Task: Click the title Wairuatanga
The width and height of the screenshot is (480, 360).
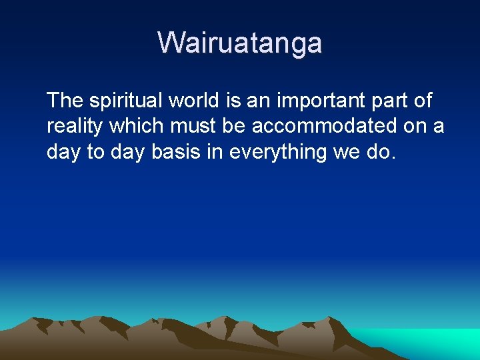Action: (x=240, y=43)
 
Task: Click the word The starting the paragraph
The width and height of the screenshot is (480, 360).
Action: (x=65, y=101)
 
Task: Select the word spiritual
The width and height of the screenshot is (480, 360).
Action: (x=126, y=101)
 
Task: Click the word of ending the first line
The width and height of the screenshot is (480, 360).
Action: (x=423, y=101)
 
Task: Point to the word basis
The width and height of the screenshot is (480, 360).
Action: (x=175, y=152)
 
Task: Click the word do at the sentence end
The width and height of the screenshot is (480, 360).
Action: (x=381, y=152)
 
